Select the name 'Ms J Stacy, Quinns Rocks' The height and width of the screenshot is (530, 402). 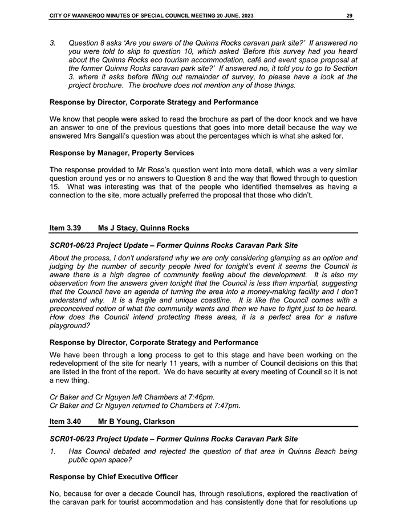144,228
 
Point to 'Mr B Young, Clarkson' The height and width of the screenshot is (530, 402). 136,422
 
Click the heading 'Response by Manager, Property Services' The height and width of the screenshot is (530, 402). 122,153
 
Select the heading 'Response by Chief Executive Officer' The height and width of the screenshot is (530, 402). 114,476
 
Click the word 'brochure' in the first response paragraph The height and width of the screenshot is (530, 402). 230,119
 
